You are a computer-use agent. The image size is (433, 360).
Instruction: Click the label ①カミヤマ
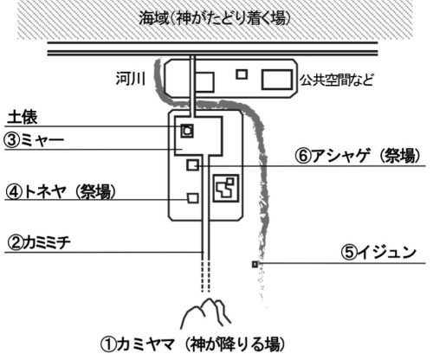tap(138, 344)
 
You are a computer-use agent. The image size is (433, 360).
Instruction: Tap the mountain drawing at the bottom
tap(205, 313)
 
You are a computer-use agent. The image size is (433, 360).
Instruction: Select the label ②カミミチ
tap(39, 243)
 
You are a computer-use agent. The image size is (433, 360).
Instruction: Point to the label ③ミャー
tap(34, 140)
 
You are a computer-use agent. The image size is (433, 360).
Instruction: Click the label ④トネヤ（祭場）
tap(61, 191)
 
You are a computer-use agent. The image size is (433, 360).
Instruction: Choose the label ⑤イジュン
tap(378, 252)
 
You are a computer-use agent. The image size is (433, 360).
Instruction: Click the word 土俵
tap(23, 118)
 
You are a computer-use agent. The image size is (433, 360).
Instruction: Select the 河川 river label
tap(131, 79)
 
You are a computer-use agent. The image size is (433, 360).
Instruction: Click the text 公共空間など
tap(336, 80)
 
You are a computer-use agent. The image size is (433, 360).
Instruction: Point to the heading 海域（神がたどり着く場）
tap(215, 18)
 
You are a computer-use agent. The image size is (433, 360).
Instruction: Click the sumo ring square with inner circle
tap(187, 131)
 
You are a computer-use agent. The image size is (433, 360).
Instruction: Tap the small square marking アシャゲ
tap(192, 165)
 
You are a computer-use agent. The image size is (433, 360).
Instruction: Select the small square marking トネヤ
tap(193, 198)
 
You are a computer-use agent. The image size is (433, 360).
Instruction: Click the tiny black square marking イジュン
tap(255, 264)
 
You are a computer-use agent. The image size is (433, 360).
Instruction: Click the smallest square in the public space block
tap(242, 74)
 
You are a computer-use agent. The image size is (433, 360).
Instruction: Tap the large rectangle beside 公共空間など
tap(277, 80)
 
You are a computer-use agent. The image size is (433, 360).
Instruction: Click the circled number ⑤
tap(349, 253)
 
